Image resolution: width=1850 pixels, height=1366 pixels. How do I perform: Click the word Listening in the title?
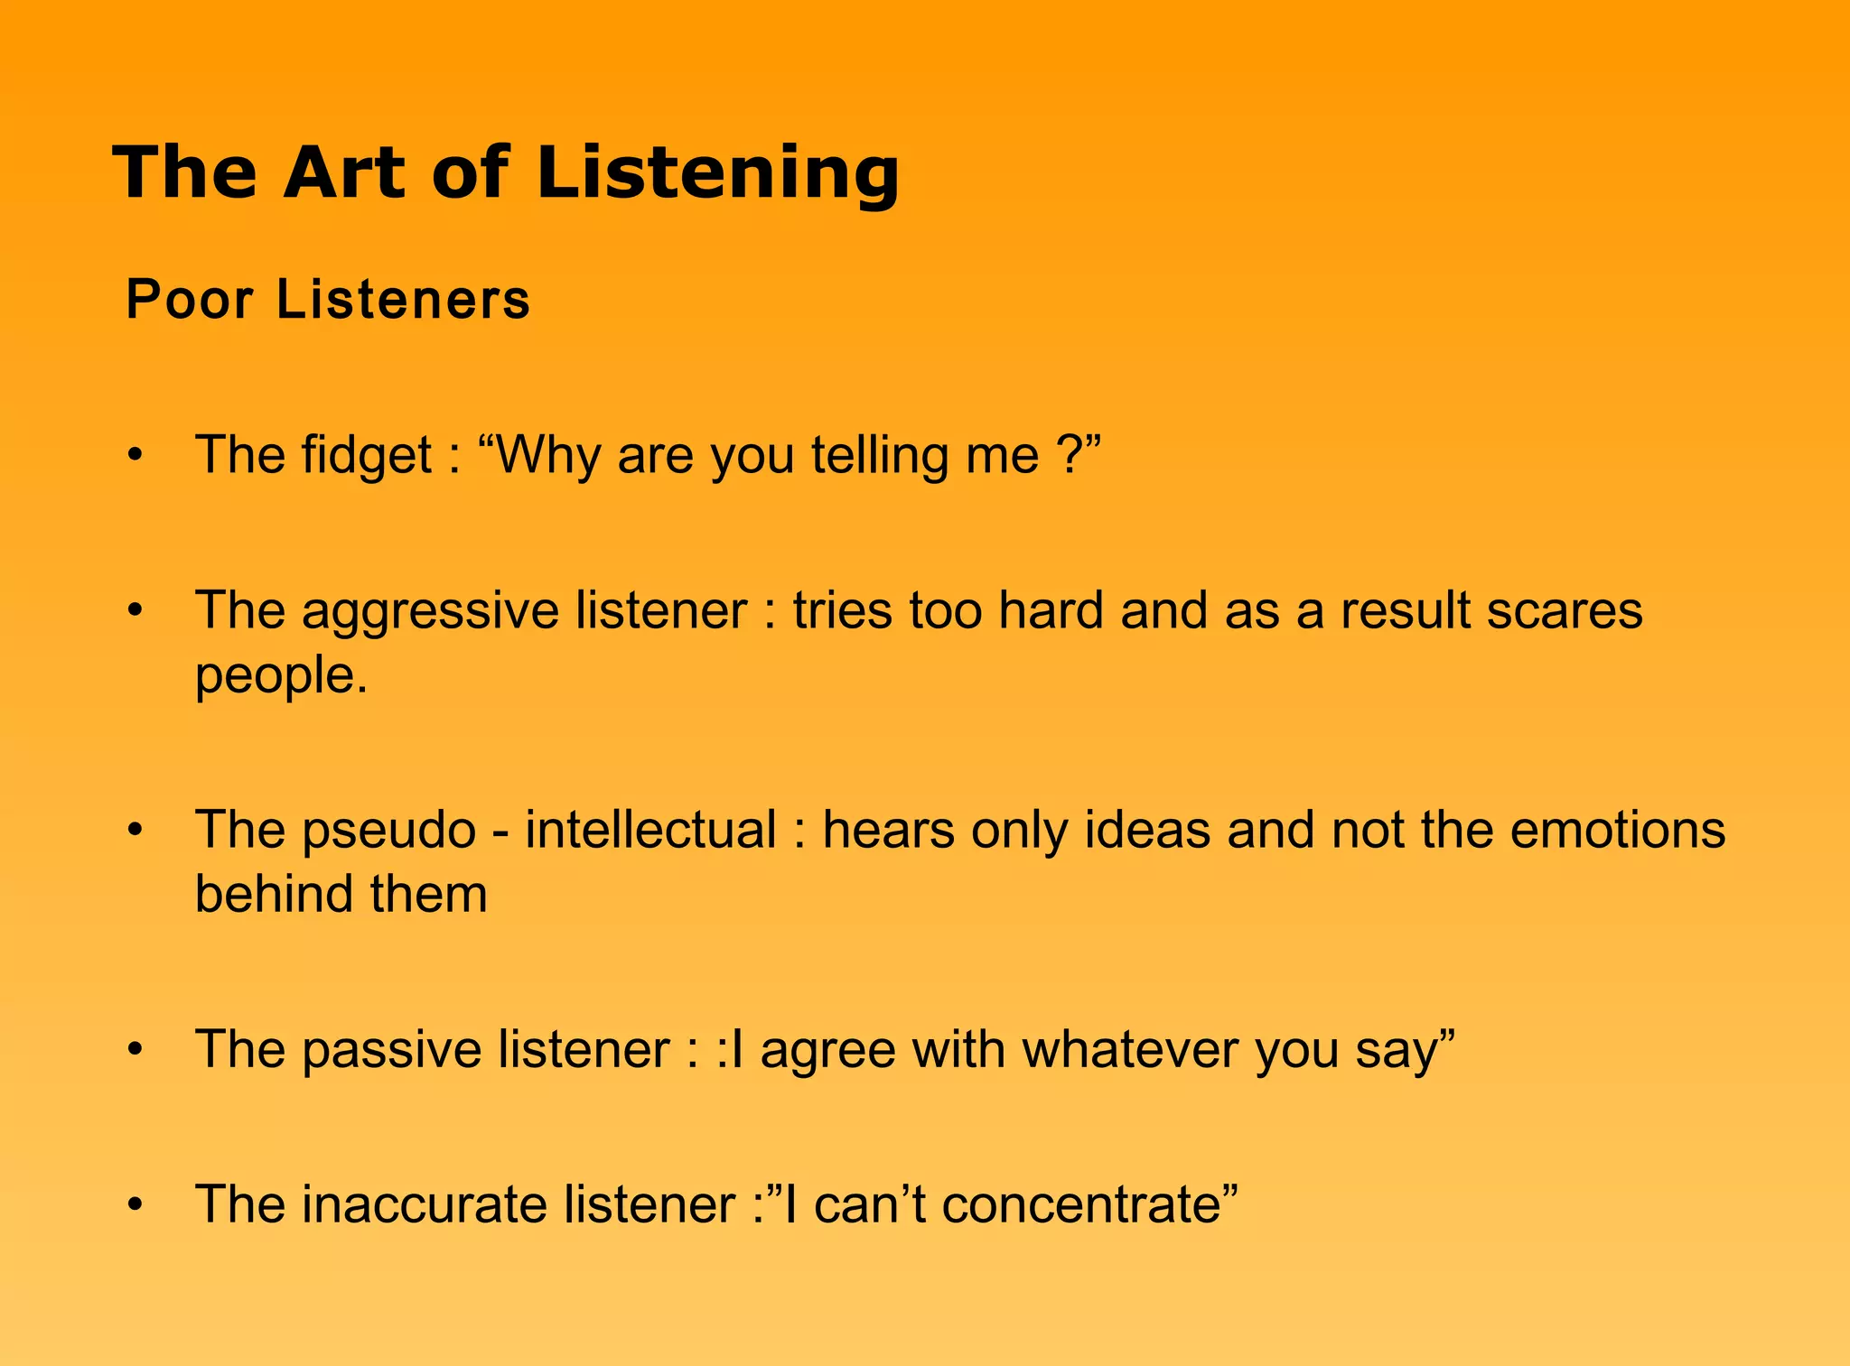(718, 173)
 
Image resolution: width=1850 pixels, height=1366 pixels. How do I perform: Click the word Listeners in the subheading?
(403, 299)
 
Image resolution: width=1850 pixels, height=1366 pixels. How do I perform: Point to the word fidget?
(367, 456)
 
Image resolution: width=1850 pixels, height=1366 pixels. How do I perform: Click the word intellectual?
(650, 829)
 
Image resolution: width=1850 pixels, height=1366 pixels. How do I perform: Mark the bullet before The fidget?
(135, 456)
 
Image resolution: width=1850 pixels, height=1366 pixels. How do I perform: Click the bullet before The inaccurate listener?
(135, 1205)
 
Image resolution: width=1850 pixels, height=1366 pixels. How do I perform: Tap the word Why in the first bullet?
(548, 456)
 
